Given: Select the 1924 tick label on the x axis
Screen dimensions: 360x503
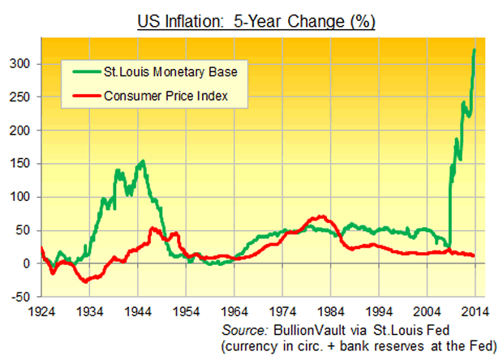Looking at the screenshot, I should pyautogui.click(x=41, y=311).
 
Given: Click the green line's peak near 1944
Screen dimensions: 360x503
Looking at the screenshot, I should pyautogui.click(x=143, y=161).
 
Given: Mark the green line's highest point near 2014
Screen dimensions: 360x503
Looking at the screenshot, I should pyautogui.click(x=474, y=50).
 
